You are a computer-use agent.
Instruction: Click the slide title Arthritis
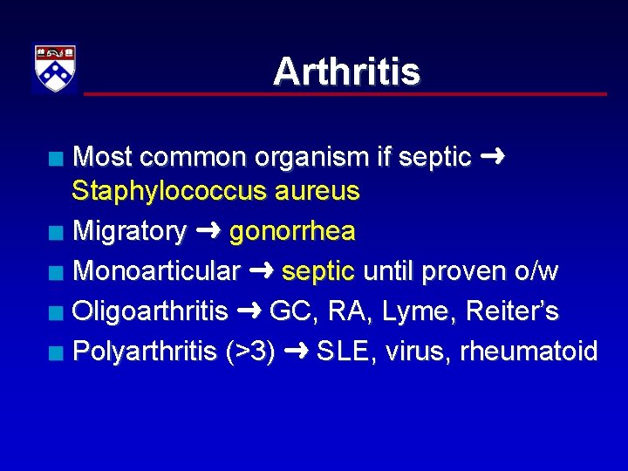click(x=346, y=72)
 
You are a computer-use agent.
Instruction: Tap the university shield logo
click(x=55, y=68)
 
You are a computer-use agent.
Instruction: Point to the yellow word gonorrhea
click(x=292, y=231)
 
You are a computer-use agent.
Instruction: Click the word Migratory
click(x=130, y=231)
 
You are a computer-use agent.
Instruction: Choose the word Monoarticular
click(x=156, y=271)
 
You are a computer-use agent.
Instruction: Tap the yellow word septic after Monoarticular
click(x=318, y=271)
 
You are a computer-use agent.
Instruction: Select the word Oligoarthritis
click(x=150, y=311)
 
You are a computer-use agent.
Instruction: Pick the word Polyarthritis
click(x=145, y=351)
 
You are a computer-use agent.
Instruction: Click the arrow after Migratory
click(x=208, y=231)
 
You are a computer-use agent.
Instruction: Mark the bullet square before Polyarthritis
click(x=56, y=352)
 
